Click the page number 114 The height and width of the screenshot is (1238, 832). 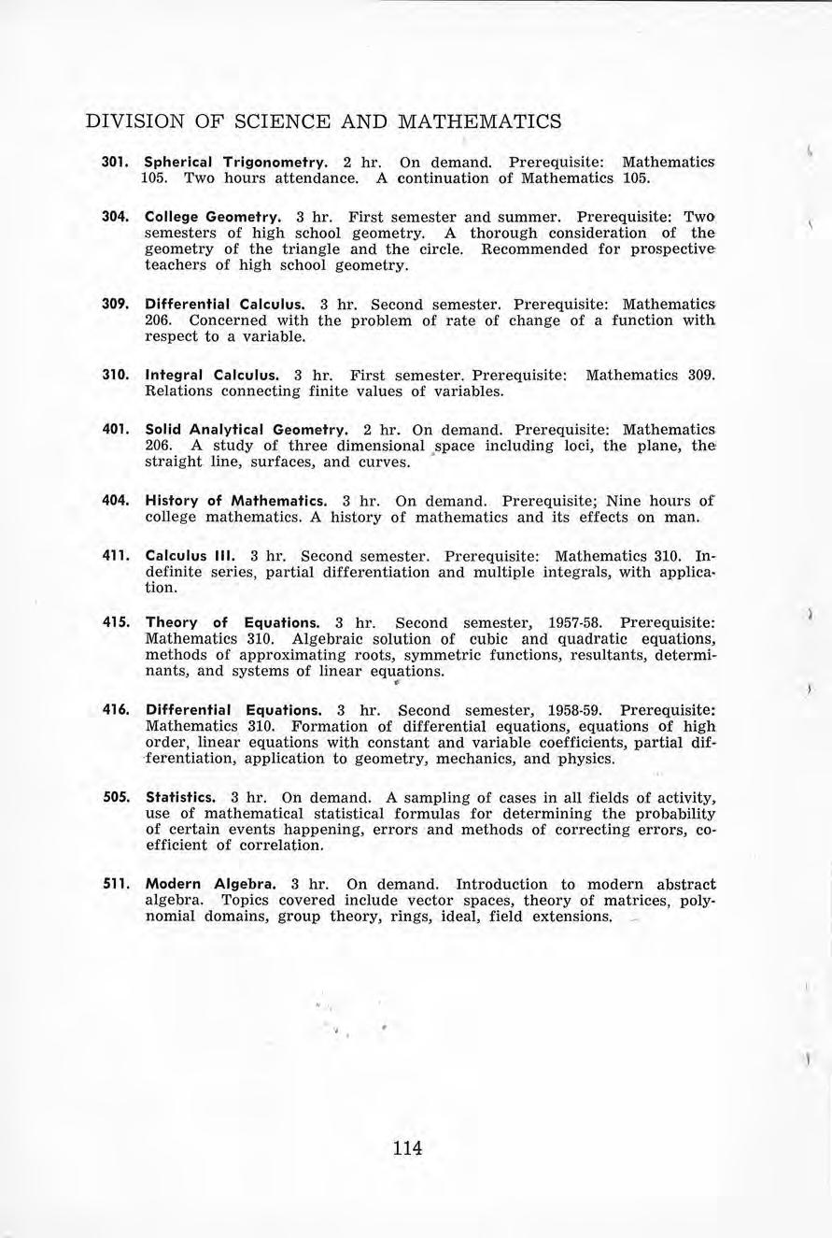[x=408, y=1147]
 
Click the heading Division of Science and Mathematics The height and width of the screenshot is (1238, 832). [x=323, y=121]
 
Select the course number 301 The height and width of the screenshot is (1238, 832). [x=114, y=161]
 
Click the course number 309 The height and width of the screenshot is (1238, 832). [x=114, y=304]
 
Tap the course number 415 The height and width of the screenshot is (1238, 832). [x=114, y=622]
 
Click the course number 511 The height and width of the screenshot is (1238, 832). [x=114, y=884]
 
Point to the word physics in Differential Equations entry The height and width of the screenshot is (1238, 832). [x=586, y=759]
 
